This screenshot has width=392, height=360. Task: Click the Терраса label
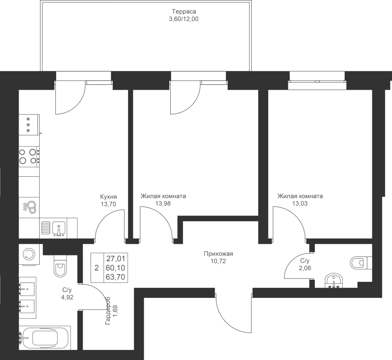coord(184,11)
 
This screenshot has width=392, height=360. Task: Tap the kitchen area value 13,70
coord(108,204)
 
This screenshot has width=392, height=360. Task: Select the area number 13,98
coord(163,203)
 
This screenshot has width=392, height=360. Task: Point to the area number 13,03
coord(300,203)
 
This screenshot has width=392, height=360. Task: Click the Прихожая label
coord(219,254)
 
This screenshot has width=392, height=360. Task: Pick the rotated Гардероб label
coord(108,310)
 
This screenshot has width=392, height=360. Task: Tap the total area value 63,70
coord(115,277)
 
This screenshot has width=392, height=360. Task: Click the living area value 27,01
coord(116,258)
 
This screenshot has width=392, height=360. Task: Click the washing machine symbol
coord(29,254)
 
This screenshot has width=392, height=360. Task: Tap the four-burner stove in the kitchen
coord(29,156)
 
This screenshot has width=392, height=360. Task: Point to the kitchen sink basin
coord(59,228)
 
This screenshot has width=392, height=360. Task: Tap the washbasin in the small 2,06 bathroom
coord(334,282)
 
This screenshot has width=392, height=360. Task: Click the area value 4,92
coord(67,297)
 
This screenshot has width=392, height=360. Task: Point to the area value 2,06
coord(305,268)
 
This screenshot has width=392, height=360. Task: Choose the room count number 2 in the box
coord(97,268)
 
